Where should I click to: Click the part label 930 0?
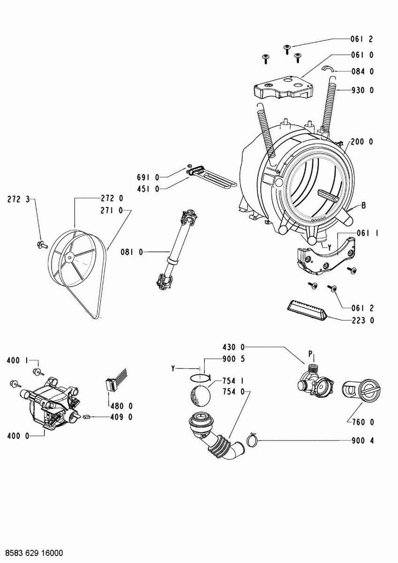[x=362, y=91]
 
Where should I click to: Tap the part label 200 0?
[x=362, y=142]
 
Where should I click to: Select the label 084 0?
[x=362, y=72]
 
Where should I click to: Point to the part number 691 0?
[x=148, y=177]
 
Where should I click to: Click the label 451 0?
[x=148, y=189]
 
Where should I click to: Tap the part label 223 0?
[x=362, y=320]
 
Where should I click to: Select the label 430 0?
[x=233, y=347]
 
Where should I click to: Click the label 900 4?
[x=362, y=441]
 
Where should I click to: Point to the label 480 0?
[x=121, y=406]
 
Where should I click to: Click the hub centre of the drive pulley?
[x=69, y=257]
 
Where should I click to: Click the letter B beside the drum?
[x=363, y=205]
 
